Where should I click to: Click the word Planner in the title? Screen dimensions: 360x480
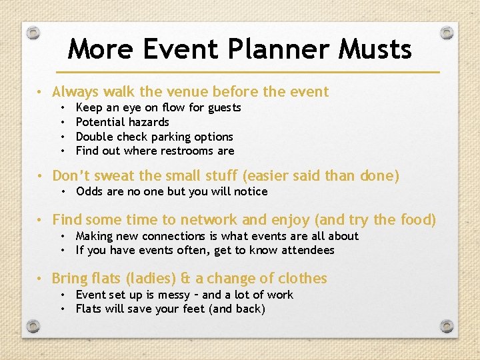click(x=273, y=49)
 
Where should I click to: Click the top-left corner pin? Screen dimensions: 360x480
click(x=35, y=32)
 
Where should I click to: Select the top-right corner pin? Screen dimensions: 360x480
click(x=447, y=32)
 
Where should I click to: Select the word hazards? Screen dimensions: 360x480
click(x=147, y=122)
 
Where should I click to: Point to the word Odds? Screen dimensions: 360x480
click(x=89, y=191)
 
